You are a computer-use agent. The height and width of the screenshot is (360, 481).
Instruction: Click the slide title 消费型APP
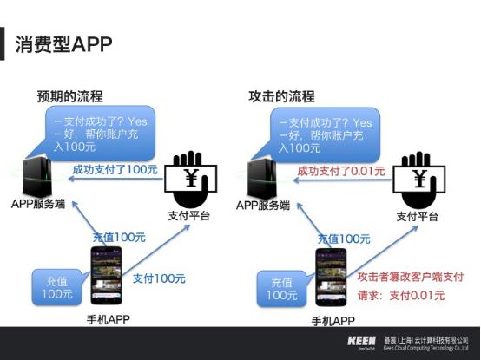(63, 44)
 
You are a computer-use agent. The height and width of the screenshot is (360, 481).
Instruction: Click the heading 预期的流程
(69, 96)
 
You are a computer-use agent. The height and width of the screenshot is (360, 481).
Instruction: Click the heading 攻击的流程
(281, 96)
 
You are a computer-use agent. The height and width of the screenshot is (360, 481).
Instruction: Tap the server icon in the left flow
(39, 176)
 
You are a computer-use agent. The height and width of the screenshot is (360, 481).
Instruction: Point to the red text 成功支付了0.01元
(340, 171)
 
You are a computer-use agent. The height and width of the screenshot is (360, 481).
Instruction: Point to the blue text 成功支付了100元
(115, 169)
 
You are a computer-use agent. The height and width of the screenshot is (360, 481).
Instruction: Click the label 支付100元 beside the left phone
(159, 278)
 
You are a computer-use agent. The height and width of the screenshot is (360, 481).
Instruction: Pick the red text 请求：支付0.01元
(401, 296)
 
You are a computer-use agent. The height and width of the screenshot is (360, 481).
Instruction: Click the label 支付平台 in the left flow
(188, 215)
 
